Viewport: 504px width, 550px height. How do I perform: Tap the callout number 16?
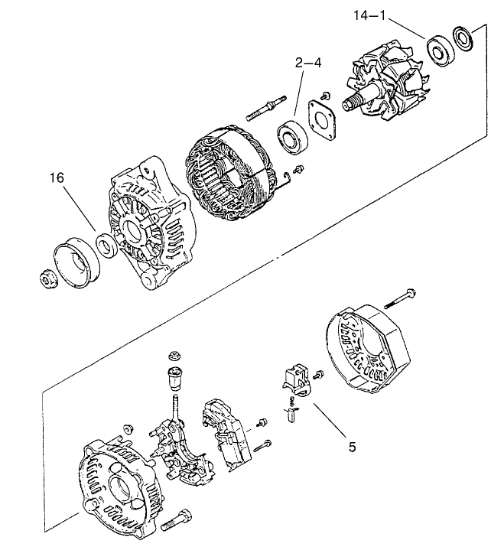57,178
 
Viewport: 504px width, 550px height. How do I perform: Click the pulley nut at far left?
48,280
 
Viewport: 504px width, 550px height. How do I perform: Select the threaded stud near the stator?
265,109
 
